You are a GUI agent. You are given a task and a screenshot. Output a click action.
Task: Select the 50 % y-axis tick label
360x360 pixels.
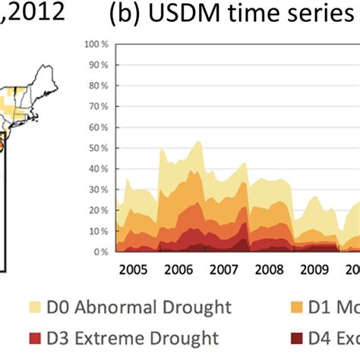point(96,148)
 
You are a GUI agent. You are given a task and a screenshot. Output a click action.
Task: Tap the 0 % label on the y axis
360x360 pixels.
point(99,251)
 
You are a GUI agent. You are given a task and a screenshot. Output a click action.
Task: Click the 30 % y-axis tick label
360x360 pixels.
point(96,189)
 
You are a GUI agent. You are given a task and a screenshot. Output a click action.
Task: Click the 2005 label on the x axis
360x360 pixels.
point(133,269)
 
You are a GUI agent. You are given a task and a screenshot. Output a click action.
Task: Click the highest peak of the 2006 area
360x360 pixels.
point(198,141)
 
